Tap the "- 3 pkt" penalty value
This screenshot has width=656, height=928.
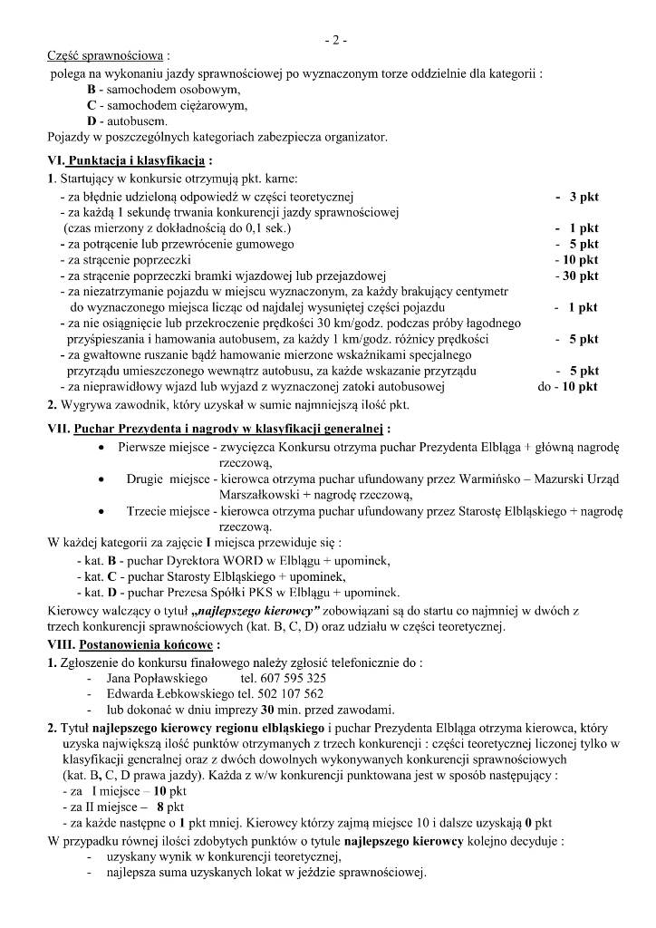point(577,196)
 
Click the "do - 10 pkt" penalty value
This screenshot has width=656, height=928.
point(567,386)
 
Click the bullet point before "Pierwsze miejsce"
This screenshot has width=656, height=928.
point(100,447)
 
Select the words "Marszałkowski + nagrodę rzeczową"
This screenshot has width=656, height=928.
point(315,495)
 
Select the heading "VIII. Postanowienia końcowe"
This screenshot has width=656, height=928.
point(130,644)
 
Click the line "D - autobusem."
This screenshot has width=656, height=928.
point(127,121)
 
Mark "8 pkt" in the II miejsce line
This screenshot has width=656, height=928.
point(170,806)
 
